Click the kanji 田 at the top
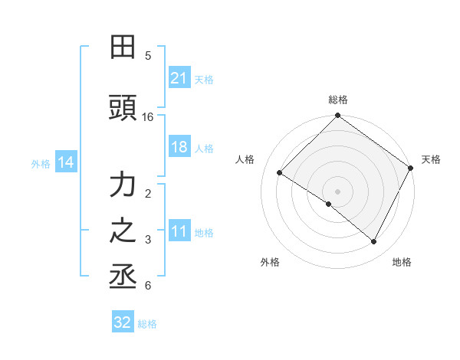point(123,47)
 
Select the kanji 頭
point(123,109)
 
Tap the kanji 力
point(123,185)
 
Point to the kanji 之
point(123,230)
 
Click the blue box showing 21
point(179,77)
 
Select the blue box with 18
point(179,147)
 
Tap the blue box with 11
point(179,232)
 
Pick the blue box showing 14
point(65,162)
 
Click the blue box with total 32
point(122,322)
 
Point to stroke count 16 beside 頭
point(148,117)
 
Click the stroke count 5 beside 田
point(148,56)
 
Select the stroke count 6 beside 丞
point(148,286)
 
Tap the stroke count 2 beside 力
point(148,194)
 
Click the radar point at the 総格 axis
point(337,116)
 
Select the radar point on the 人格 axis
point(280,173)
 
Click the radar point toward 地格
point(374,242)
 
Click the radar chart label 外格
point(270,262)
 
